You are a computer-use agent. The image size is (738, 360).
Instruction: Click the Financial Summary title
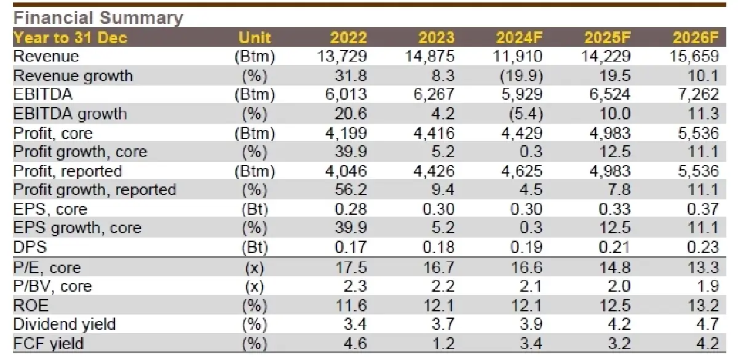tap(97, 17)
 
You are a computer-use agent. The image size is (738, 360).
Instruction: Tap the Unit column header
tap(254, 38)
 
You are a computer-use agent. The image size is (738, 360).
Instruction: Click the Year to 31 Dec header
tap(70, 38)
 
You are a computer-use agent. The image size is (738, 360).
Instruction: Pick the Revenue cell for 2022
tap(342, 57)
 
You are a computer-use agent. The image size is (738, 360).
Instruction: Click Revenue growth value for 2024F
tap(522, 76)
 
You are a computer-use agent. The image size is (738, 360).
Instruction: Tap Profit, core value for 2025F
tap(609, 133)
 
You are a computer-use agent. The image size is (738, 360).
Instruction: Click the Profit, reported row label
tap(68, 171)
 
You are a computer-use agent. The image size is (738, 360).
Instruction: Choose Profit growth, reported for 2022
tap(352, 190)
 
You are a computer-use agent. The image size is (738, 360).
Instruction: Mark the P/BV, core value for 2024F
tap(530, 286)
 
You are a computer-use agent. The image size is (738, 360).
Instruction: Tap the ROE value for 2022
tap(352, 305)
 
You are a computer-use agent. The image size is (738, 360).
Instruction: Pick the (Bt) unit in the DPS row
tap(254, 247)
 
